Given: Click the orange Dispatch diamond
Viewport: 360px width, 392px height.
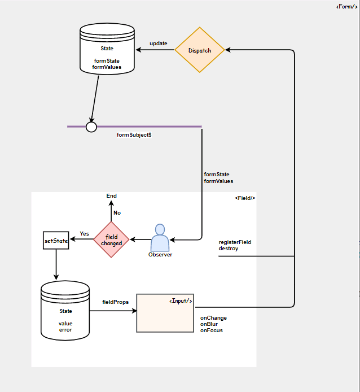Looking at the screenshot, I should pyautogui.click(x=200, y=50).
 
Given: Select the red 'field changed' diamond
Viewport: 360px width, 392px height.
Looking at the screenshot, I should pyautogui.click(x=111, y=240).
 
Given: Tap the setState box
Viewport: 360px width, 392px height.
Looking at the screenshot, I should pyautogui.click(x=56, y=241).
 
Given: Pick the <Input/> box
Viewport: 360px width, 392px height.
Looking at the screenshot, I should pyautogui.click(x=165, y=312).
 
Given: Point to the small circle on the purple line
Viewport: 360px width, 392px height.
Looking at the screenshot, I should pyautogui.click(x=91, y=127).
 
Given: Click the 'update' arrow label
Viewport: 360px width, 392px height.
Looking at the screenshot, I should pyautogui.click(x=158, y=43).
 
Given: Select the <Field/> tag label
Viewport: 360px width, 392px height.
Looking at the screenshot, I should pyautogui.click(x=245, y=198).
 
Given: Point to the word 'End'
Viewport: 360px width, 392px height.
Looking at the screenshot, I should pyautogui.click(x=112, y=196).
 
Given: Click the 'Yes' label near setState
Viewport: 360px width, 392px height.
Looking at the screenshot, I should pyautogui.click(x=85, y=233).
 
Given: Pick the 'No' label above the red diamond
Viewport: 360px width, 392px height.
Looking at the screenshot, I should pyautogui.click(x=117, y=213).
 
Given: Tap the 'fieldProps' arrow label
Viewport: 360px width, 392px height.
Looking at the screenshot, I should pyautogui.click(x=115, y=302).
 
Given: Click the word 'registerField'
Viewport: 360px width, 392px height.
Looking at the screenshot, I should pyautogui.click(x=235, y=242).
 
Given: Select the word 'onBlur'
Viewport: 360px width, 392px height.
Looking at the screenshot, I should pyautogui.click(x=209, y=324).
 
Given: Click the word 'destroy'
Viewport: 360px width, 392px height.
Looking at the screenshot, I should pyautogui.click(x=229, y=249).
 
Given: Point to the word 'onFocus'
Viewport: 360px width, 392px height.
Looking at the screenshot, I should pyautogui.click(x=212, y=330).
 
